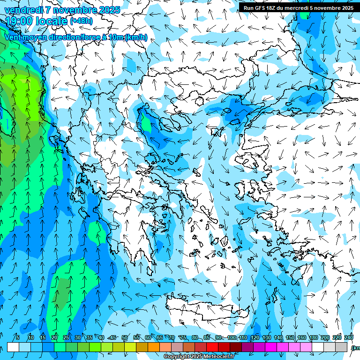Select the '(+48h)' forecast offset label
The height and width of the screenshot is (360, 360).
click(81, 21)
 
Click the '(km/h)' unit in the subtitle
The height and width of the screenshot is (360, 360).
click(136, 37)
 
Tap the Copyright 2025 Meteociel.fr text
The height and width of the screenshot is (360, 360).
click(199, 357)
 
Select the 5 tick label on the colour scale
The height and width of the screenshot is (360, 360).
click(17, 337)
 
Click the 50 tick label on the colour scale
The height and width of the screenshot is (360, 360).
click(125, 337)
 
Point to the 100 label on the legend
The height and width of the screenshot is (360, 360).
click(231, 337)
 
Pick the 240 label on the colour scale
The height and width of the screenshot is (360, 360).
click(348, 337)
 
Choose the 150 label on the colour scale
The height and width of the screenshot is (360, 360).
click(290, 337)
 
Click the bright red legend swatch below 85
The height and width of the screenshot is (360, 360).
click(212, 347)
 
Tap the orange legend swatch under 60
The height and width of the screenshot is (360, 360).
click(154, 347)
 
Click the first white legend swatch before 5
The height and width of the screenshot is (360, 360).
click(13, 347)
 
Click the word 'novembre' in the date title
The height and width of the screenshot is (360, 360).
click(71, 10)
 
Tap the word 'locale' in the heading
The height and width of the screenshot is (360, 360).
click(50, 21)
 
